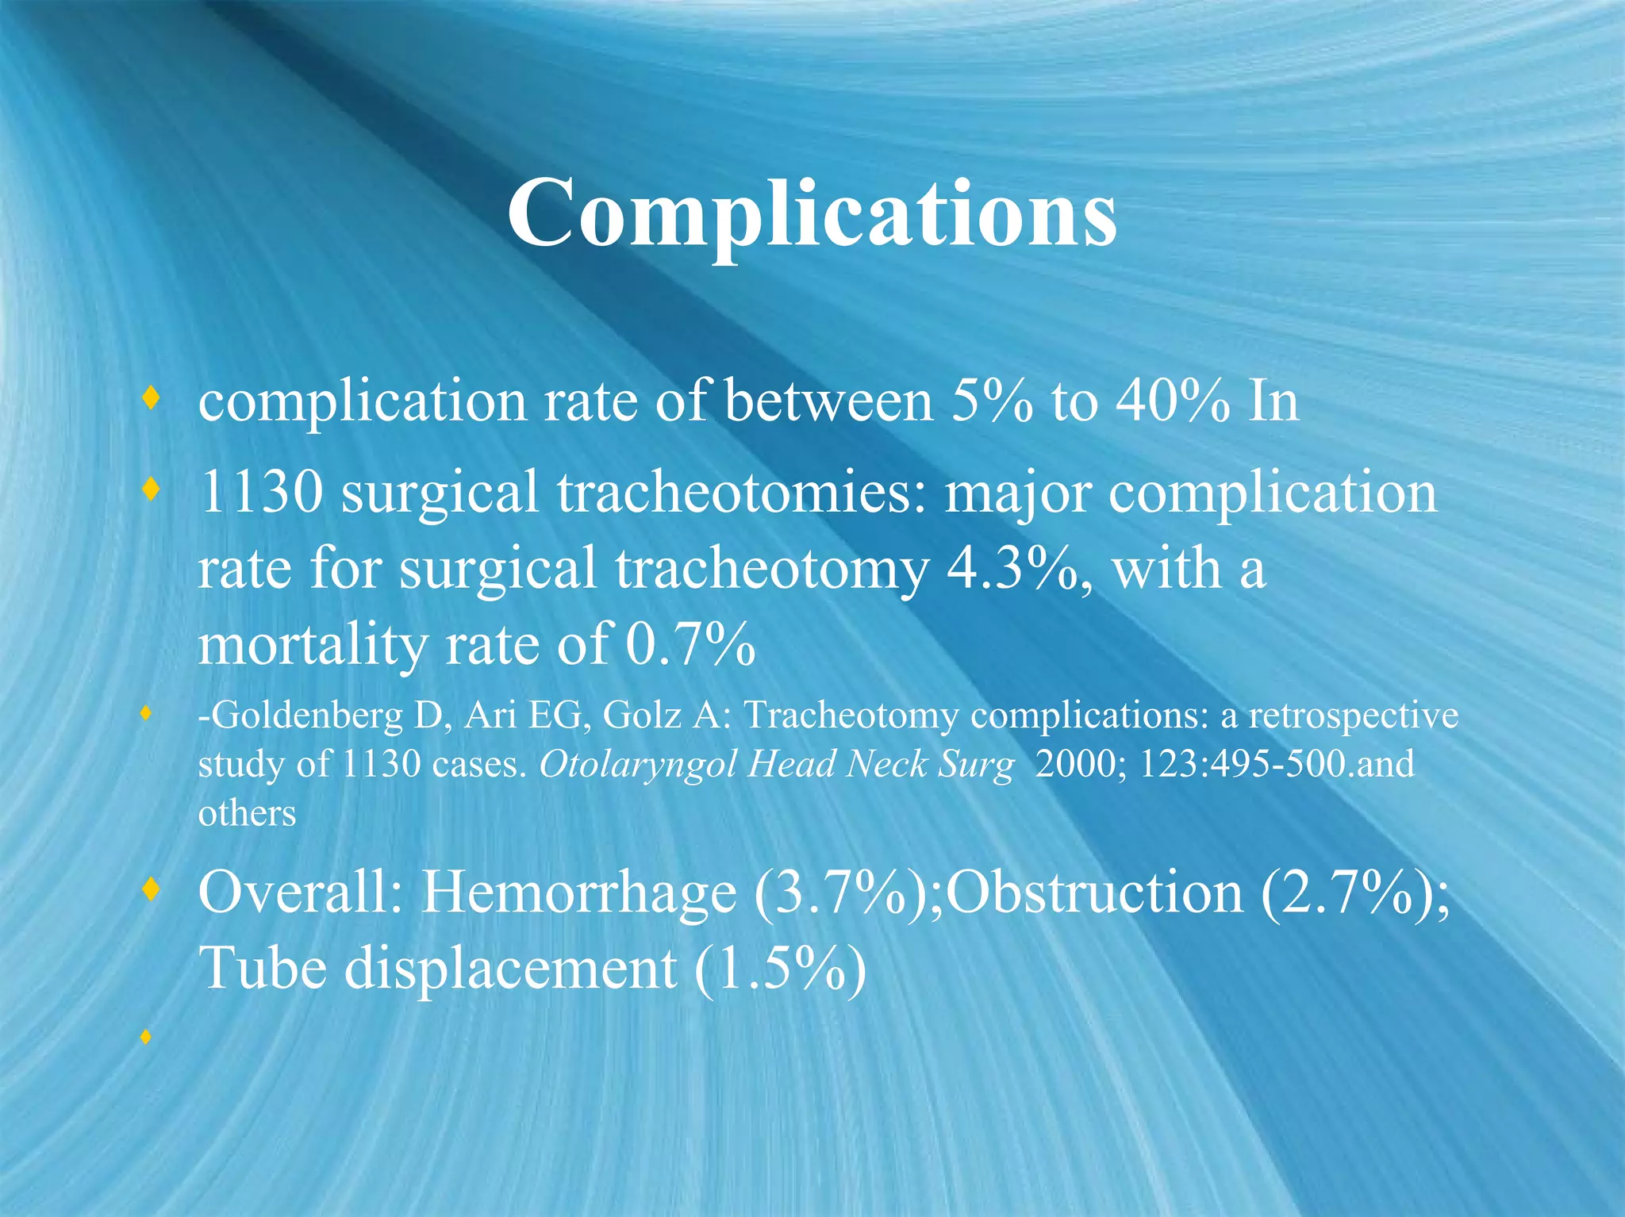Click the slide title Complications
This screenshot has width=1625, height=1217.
pyautogui.click(x=812, y=213)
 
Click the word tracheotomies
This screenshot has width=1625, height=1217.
pyautogui.click(x=741, y=492)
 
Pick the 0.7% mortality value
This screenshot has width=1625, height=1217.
pyautogui.click(x=690, y=644)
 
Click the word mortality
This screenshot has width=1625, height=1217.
pyautogui.click(x=313, y=646)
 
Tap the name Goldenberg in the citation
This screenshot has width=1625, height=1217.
pyautogui.click(x=309, y=716)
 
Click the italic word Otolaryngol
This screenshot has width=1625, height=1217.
pyautogui.click(x=640, y=765)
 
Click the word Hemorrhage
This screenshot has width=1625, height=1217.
pyautogui.click(x=578, y=893)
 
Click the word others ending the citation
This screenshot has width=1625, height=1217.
pyautogui.click(x=247, y=814)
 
